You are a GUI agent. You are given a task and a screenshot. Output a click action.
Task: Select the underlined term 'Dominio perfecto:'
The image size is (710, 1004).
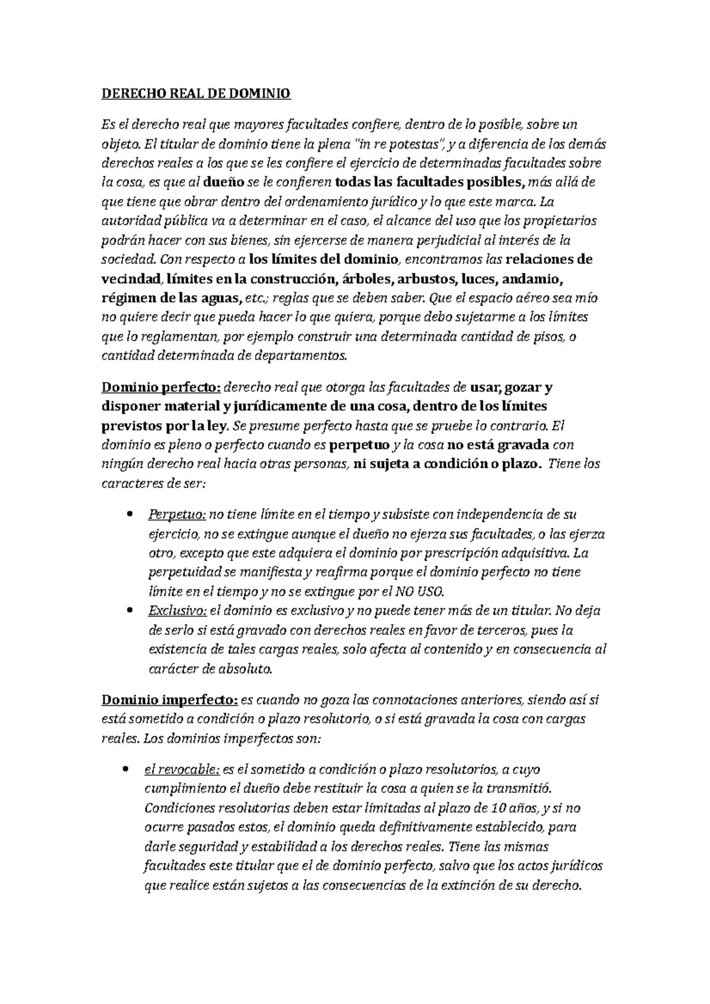(162, 388)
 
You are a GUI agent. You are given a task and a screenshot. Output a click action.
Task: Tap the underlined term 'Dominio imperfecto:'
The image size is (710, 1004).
(170, 701)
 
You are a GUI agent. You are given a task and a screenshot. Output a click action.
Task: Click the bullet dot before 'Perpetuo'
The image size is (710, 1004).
(130, 516)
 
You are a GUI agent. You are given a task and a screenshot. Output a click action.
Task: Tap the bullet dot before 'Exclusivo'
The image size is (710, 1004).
(130, 611)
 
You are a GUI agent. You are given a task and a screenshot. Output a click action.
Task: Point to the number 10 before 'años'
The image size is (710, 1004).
(483, 808)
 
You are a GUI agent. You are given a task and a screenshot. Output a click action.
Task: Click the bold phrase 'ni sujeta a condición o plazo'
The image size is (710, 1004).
(447, 464)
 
